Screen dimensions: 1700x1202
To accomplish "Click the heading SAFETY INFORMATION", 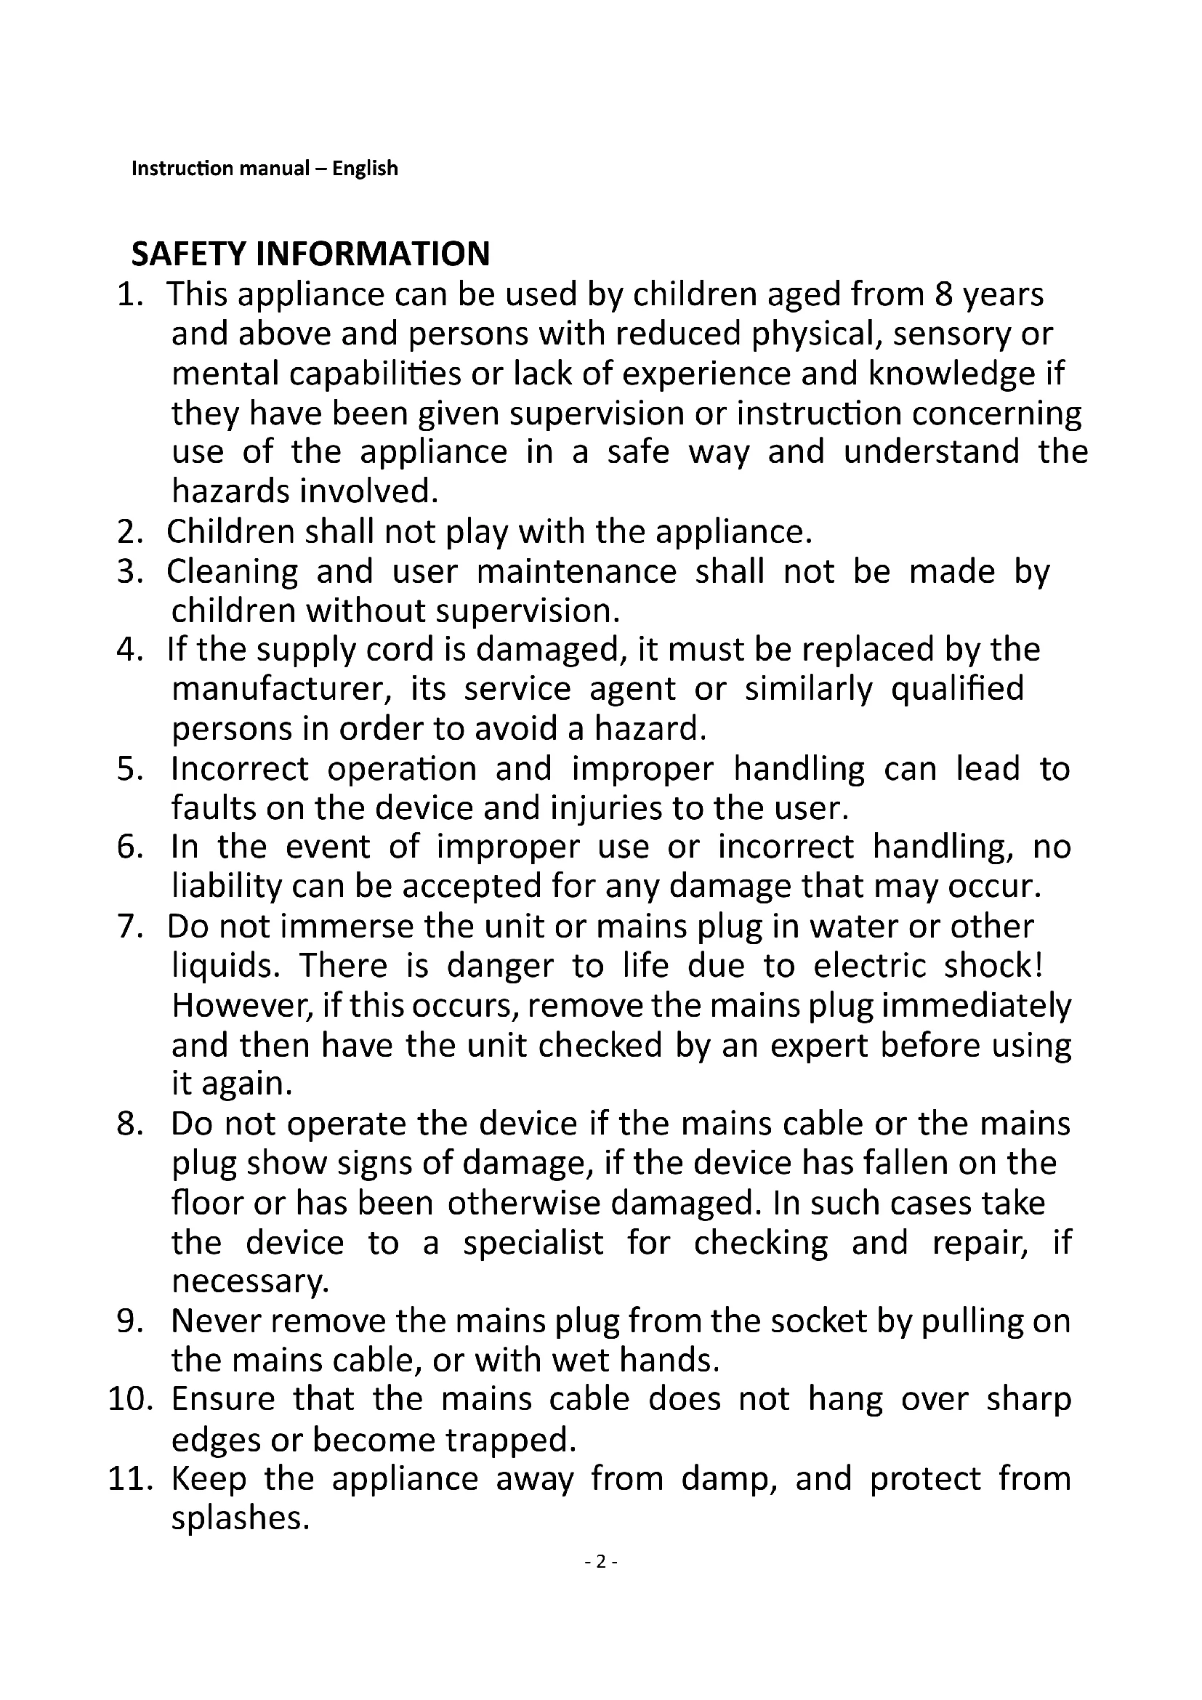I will coord(310,254).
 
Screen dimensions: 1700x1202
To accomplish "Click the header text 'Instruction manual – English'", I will coord(265,169).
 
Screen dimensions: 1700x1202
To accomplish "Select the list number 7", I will coord(129,927).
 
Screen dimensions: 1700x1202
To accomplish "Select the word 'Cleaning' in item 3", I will coord(233,571).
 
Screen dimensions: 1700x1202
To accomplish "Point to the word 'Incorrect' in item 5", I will coord(239,768).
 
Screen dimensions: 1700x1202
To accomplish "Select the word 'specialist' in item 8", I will coord(533,1242).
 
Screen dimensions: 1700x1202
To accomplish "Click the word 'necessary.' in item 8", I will coord(250,1281).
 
